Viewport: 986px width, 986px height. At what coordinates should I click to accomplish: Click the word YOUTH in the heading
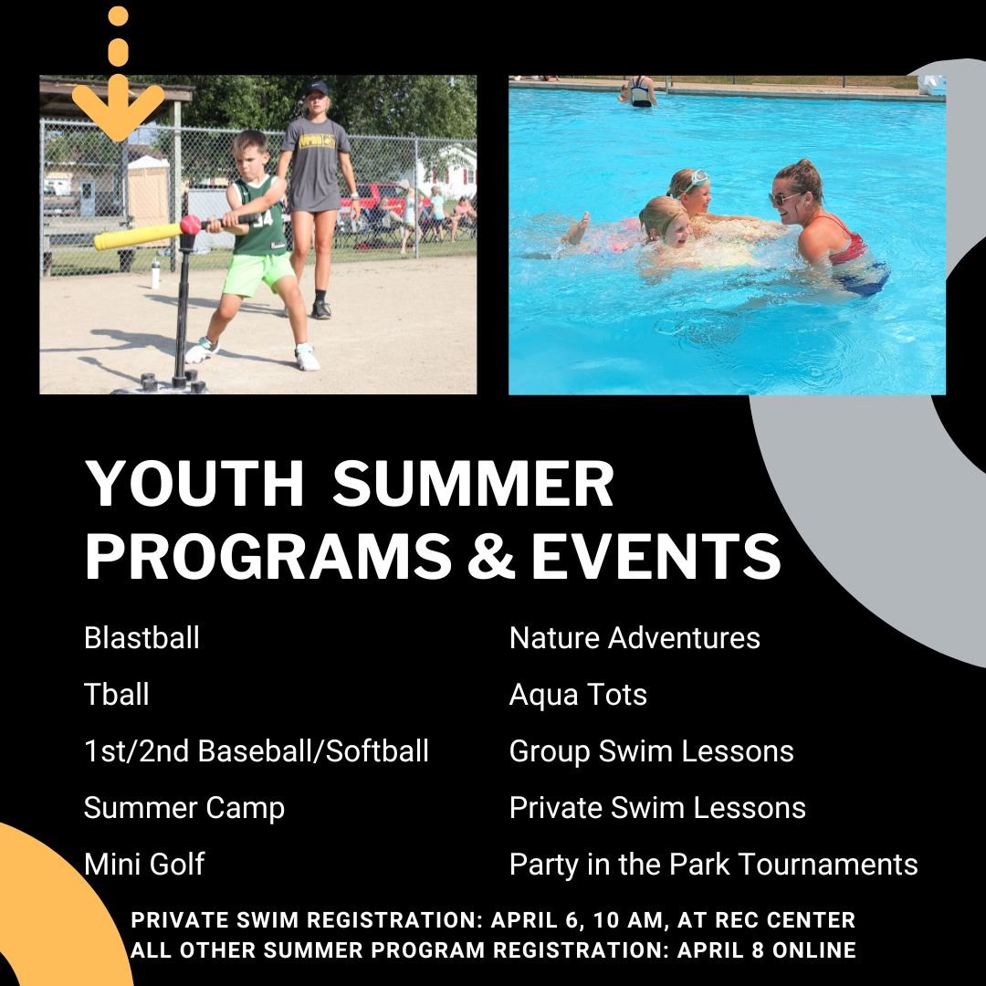click(194, 484)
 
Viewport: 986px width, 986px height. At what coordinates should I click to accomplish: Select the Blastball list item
click(142, 637)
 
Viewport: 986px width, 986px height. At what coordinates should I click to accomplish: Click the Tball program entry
click(117, 694)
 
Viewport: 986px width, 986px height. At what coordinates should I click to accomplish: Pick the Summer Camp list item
click(184, 807)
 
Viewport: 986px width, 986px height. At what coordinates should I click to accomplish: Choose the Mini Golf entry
click(144, 864)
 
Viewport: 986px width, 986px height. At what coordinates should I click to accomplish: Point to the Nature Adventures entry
click(635, 637)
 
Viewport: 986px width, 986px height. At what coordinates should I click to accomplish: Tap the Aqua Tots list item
click(578, 694)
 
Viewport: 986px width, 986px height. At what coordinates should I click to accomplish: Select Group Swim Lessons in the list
click(652, 750)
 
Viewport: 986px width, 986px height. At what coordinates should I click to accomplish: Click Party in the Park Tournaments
click(713, 864)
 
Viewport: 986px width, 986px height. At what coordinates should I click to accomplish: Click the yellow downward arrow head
click(118, 111)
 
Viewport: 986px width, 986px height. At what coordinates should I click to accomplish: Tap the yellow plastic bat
click(137, 236)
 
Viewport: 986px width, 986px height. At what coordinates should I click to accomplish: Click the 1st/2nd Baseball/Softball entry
click(257, 750)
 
